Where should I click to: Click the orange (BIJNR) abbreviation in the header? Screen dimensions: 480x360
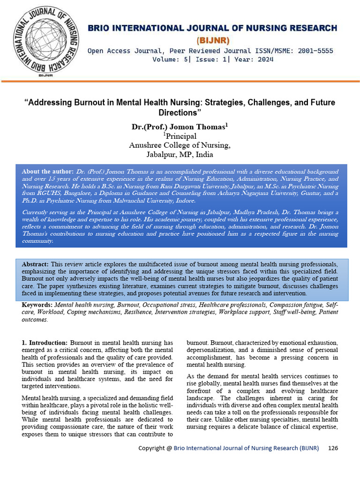212,40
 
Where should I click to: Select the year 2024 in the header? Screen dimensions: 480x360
263,60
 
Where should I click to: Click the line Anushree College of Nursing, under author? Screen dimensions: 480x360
180,145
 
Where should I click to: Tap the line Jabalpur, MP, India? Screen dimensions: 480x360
180,154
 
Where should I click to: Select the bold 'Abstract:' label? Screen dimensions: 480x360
35,264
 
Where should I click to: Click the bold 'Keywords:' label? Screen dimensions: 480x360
37,305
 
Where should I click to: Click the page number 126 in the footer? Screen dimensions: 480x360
333,448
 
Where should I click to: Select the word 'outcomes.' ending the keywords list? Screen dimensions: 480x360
35,319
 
